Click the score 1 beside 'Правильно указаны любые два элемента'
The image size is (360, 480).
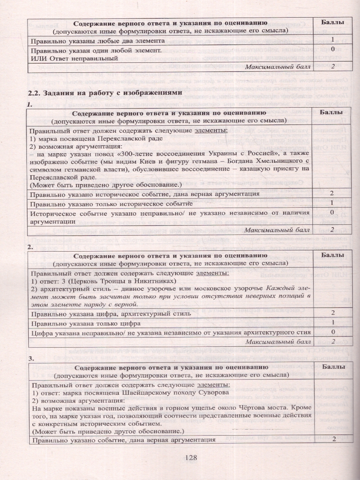(333, 40)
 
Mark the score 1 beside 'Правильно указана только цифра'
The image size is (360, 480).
(333, 322)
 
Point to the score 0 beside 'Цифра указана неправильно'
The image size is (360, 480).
(333, 332)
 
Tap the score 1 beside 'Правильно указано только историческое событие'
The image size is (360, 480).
(333, 203)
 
